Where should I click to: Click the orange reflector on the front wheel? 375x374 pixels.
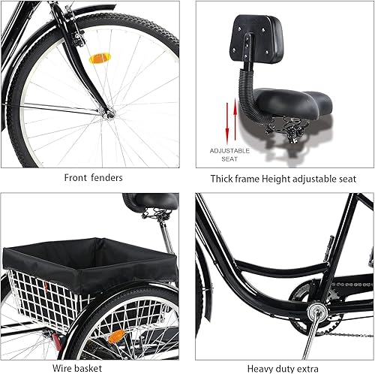coord(100,58)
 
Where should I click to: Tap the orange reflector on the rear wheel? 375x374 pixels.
coord(115,336)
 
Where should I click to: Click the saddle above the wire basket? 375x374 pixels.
coord(150,201)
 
